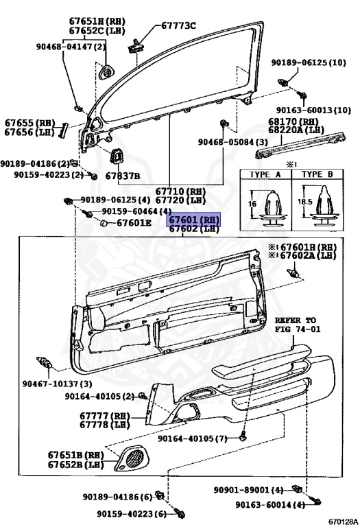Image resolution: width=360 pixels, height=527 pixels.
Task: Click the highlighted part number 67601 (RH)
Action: [x=194, y=220]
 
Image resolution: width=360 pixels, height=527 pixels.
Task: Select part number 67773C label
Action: [x=179, y=25]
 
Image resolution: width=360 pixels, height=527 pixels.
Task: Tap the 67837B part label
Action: [x=123, y=176]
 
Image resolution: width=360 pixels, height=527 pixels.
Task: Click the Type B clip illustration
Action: [x=325, y=206]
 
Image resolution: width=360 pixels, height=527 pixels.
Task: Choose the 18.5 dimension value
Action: [x=305, y=202]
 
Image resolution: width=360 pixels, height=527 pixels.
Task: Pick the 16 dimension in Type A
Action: [x=252, y=204]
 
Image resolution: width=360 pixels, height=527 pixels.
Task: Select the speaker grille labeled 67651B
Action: [x=131, y=457]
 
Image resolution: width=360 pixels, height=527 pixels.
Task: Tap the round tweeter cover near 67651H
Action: [x=108, y=72]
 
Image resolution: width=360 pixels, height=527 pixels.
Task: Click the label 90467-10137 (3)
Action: [x=57, y=383]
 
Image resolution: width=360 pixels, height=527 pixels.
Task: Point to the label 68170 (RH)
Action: [x=293, y=121]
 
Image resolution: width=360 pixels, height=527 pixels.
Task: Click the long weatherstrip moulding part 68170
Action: [x=300, y=145]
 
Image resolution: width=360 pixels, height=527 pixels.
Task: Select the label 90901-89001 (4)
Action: [x=248, y=490]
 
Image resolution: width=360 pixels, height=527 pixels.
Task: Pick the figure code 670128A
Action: [x=343, y=522]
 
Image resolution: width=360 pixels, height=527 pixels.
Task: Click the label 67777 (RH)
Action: [x=104, y=416]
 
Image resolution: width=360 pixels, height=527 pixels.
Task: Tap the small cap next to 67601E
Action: [x=104, y=223]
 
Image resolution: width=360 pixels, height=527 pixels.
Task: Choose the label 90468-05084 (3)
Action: [x=232, y=142]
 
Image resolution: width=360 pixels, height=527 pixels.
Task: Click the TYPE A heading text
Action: [x=265, y=174]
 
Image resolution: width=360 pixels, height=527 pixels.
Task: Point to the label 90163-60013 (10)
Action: [x=313, y=110]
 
